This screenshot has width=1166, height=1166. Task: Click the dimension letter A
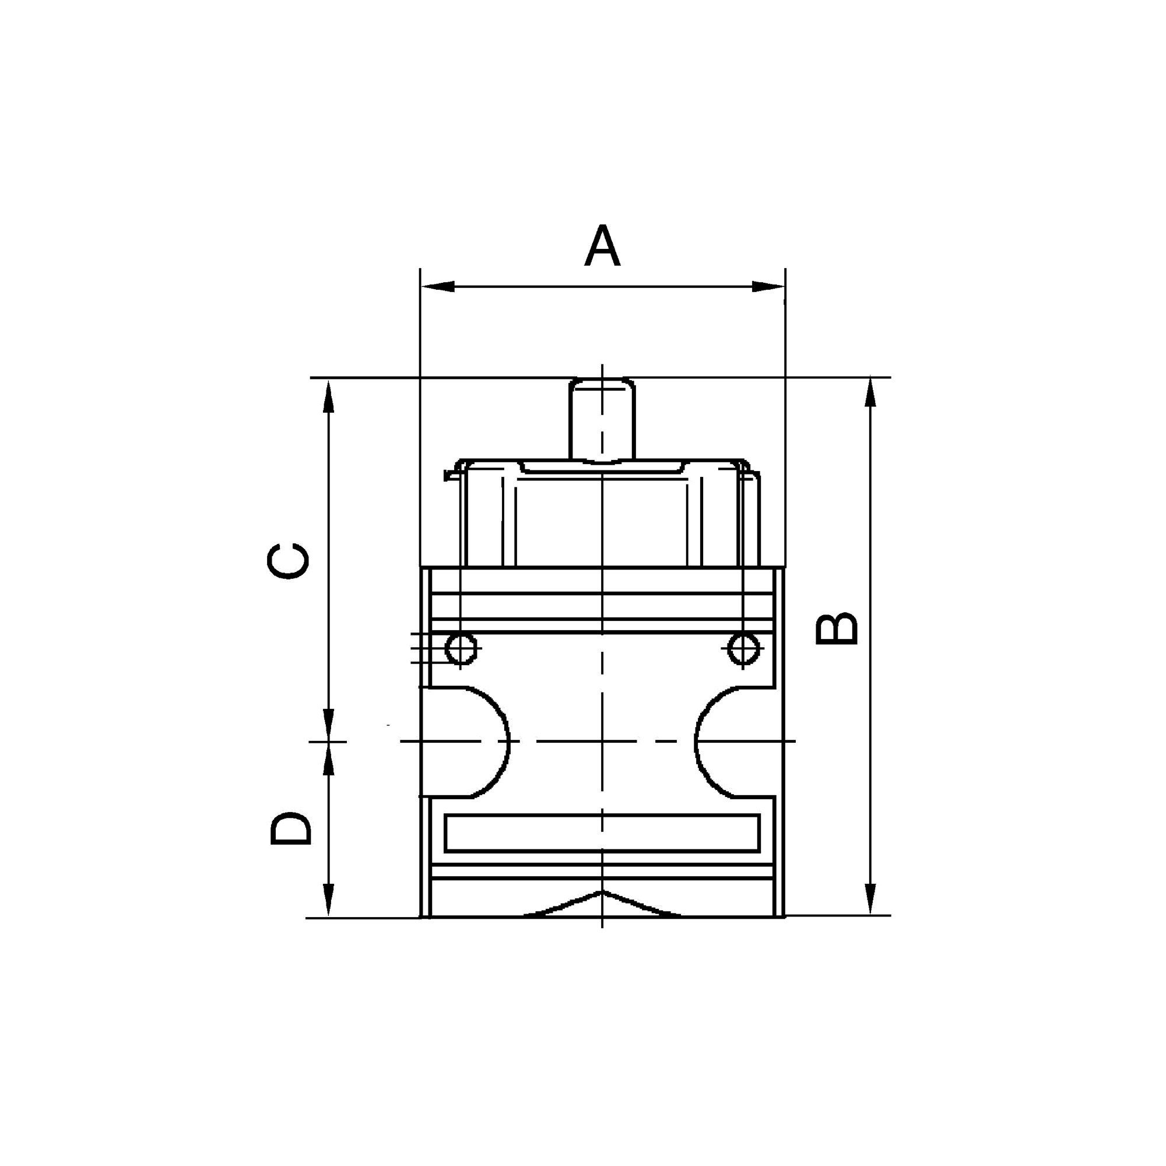click(602, 246)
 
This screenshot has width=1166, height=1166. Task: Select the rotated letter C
click(289, 561)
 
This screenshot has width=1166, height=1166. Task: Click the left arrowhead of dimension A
click(438, 287)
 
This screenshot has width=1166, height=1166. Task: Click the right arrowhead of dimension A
click(768, 287)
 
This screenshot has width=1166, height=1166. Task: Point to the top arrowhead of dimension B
click(870, 393)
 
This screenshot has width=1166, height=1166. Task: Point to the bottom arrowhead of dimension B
click(870, 899)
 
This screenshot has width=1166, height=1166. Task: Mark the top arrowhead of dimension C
click(328, 396)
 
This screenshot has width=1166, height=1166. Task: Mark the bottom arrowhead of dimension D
click(328, 900)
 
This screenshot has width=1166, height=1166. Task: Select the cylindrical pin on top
click(602, 419)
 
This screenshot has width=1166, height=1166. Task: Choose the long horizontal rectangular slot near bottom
click(602, 834)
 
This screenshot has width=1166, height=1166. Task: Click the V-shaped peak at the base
click(600, 893)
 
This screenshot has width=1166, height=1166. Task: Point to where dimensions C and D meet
click(328, 742)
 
